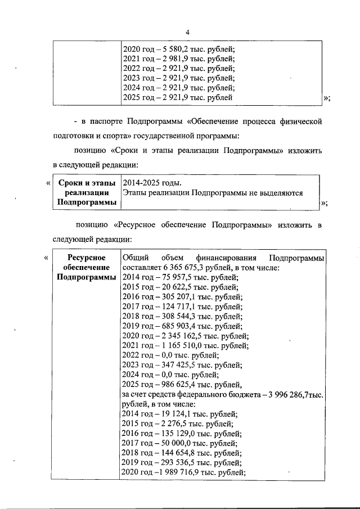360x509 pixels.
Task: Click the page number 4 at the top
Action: tap(187, 33)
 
